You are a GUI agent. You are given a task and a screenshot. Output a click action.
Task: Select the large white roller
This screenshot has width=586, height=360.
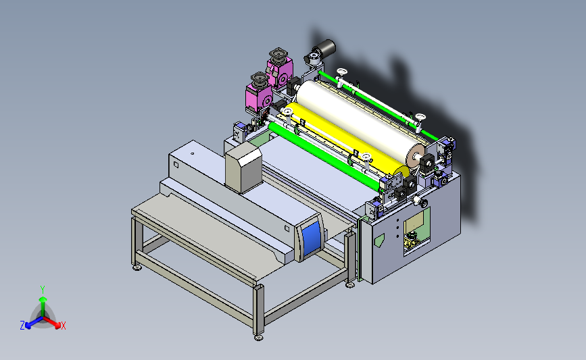(x=359, y=120)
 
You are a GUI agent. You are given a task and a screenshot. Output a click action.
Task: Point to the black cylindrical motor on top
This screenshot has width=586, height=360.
(x=324, y=48)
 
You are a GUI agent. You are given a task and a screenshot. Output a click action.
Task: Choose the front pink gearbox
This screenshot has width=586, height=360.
(x=259, y=93)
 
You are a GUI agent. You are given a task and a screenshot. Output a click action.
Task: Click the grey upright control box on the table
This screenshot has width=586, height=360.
(x=243, y=168)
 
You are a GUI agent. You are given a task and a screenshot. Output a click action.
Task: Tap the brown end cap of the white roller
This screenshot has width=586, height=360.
(x=416, y=155)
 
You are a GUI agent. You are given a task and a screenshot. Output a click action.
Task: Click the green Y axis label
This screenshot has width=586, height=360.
(x=43, y=290)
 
